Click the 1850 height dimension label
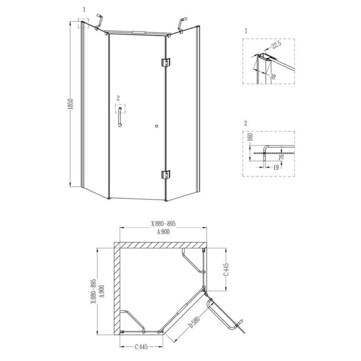pyautogui.click(x=71, y=104)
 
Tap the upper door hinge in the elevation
pyautogui.click(x=166, y=62)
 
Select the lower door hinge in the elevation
pyautogui.click(x=166, y=175)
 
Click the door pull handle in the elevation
pyautogui.click(x=120, y=117)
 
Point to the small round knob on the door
pyautogui.click(x=157, y=126)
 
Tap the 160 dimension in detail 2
pyautogui.click(x=251, y=137)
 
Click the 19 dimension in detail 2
pyautogui.click(x=276, y=167)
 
